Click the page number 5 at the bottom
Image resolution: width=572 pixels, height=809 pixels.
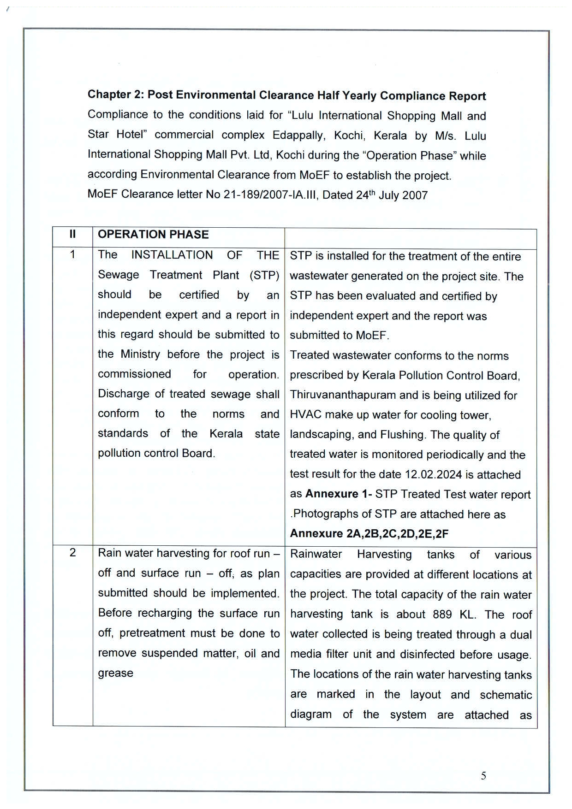(483, 776)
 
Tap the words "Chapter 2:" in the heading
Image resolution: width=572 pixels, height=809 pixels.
(116, 94)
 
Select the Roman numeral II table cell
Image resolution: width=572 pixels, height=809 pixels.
(72, 234)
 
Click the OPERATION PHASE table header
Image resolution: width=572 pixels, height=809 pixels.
(153, 234)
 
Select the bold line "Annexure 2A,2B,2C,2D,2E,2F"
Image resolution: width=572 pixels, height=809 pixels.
(369, 533)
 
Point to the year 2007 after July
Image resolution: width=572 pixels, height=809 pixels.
(415, 195)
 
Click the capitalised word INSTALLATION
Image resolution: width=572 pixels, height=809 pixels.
(172, 255)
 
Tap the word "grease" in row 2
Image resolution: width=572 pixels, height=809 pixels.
(115, 673)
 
